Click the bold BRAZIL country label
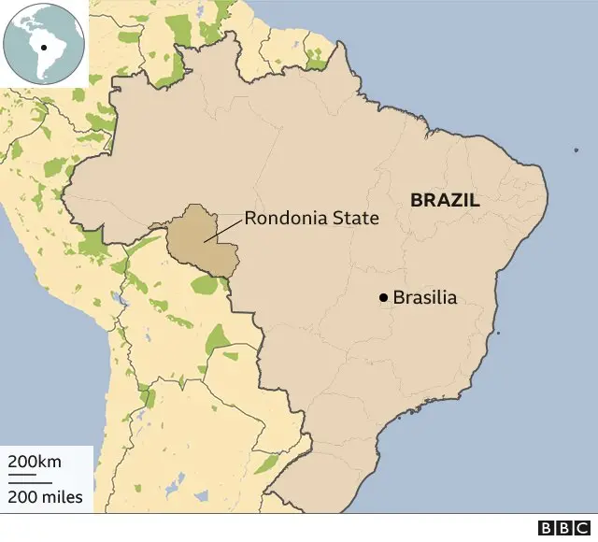coord(445,200)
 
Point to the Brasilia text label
coord(425,298)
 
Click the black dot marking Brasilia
coord(383,298)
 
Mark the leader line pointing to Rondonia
coord(223,230)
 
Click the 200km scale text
coord(35,462)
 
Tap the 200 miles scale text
coord(46,497)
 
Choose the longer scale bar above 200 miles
coord(31,482)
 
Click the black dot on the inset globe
coord(44,46)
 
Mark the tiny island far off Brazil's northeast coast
coord(576,150)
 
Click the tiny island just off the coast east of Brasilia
coord(498,333)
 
